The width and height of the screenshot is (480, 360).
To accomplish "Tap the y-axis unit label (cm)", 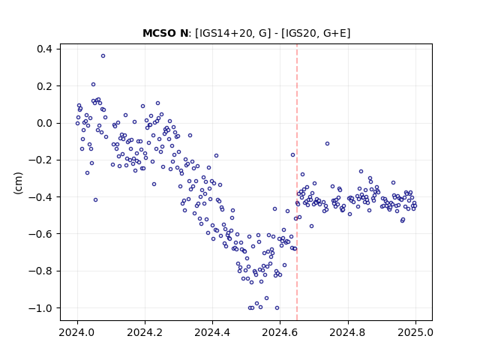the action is point(18,183).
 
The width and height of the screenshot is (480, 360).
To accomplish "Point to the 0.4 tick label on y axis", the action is point(45,49).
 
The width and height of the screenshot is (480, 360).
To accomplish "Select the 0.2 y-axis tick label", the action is point(45,86).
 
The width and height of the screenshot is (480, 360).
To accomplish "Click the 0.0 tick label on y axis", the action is point(45,123).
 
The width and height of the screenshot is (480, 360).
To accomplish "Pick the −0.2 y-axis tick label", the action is point(41,160).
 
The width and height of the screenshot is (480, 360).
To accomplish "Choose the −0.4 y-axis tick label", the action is point(41,196).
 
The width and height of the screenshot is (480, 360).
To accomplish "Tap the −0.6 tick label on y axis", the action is point(41,234).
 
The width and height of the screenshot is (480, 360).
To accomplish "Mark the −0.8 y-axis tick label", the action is point(41,271).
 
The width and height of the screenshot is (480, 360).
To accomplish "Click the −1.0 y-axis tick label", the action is point(41,308).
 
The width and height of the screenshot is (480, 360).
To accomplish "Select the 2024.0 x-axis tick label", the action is point(77,332).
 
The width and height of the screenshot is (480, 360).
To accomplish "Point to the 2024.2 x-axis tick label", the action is point(145,332).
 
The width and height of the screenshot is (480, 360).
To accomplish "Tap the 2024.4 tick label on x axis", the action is point(212,332).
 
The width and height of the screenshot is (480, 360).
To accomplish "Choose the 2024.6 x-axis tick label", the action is point(280,332).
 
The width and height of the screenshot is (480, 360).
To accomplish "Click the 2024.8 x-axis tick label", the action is point(348,332).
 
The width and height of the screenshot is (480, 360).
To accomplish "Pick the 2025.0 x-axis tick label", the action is point(415,332).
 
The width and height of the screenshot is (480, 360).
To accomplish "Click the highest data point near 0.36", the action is point(103,55).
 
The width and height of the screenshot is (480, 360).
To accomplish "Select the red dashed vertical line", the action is point(297,182).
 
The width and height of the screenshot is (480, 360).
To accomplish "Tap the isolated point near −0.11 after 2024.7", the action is point(327,143).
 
